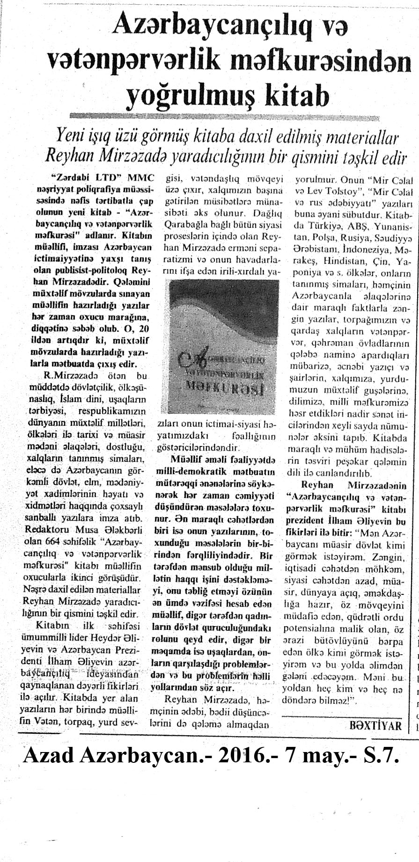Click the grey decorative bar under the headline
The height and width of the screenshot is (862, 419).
tap(239, 116)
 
